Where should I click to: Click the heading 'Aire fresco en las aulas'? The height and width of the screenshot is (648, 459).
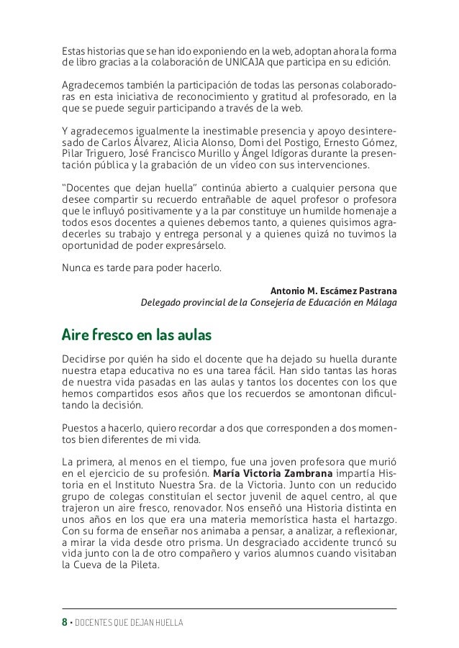pyautogui.click(x=137, y=336)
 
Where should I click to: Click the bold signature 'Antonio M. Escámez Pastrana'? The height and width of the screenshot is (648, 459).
pyautogui.click(x=333, y=291)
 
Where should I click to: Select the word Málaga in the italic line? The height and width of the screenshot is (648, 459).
pyautogui.click(x=379, y=303)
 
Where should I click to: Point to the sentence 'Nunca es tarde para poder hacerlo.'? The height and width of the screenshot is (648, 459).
pyautogui.click(x=143, y=270)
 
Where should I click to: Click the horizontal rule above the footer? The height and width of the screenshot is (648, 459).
pyautogui.click(x=229, y=608)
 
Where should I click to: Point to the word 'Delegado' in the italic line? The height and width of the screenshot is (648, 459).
pyautogui.click(x=161, y=303)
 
